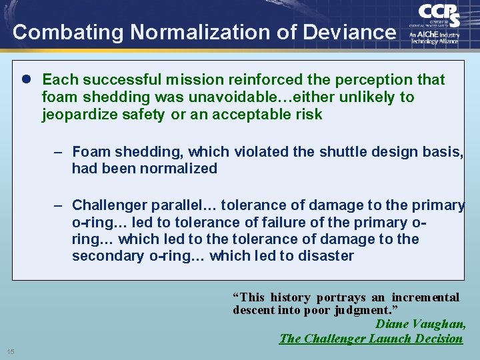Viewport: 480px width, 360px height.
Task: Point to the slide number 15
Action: click(x=11, y=351)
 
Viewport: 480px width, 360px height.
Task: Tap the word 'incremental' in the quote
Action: click(x=425, y=297)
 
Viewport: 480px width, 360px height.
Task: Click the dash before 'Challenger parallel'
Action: click(x=59, y=205)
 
